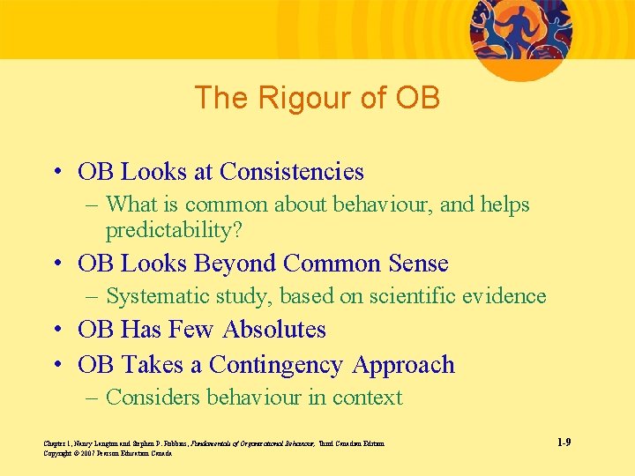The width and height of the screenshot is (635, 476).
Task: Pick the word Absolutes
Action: point(274,330)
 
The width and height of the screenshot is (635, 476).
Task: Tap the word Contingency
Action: point(276,365)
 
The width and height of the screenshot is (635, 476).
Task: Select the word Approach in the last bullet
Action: point(404,365)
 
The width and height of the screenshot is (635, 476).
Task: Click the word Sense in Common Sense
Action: point(418,264)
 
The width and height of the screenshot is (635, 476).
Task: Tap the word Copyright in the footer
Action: point(56,453)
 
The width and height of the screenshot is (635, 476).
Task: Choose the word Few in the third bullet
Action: point(196,330)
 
